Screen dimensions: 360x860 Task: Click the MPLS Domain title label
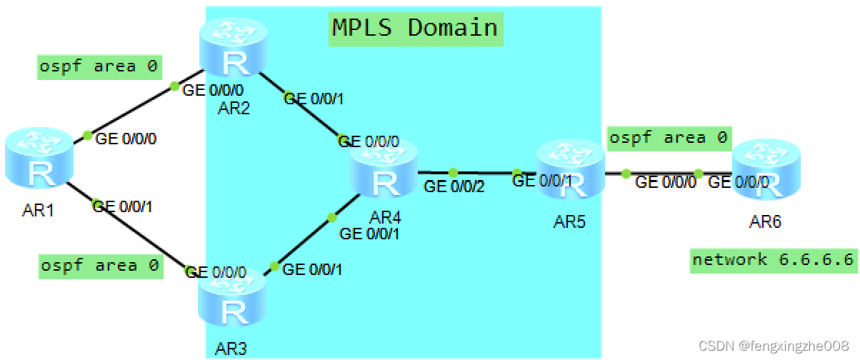[x=415, y=28]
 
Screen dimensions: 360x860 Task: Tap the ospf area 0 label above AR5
[x=668, y=138]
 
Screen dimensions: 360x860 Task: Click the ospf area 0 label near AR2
[x=99, y=67]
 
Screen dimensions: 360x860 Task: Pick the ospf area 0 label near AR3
[x=99, y=266]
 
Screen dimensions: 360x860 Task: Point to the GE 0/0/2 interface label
[x=454, y=187]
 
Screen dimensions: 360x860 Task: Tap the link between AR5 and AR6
[x=664, y=174]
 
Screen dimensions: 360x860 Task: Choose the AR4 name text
[x=384, y=216]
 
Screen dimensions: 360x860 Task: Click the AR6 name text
[x=766, y=222]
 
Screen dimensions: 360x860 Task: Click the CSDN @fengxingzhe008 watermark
[x=774, y=346]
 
